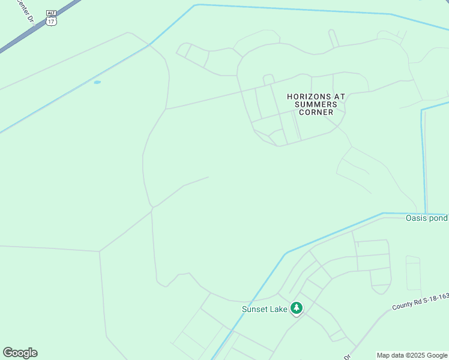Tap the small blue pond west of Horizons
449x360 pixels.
pos(97,82)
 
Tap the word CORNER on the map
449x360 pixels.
pos(316,112)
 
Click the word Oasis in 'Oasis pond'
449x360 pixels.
pos(416,218)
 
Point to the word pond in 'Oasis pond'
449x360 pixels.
pos(438,218)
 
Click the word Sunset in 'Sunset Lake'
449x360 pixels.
pos(256,310)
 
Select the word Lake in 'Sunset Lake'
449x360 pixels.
pos(279,310)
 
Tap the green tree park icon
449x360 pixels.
pos(296,308)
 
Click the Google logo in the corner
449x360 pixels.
pos(20,353)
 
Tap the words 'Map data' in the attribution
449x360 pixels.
pos(391,355)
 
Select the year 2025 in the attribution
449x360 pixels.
pos(417,355)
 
